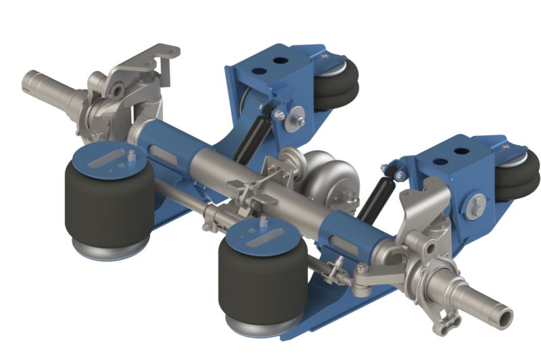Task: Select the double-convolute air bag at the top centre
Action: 335,85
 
